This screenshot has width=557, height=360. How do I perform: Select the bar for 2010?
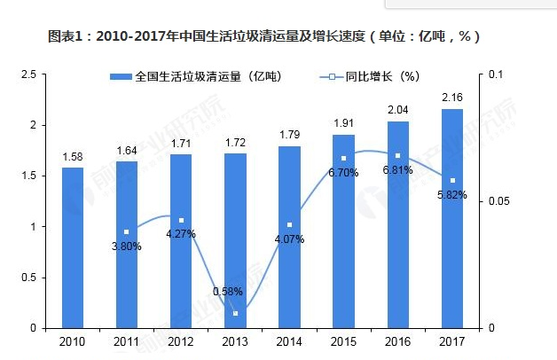[73, 247]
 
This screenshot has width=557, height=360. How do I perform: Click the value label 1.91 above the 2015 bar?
[343, 123]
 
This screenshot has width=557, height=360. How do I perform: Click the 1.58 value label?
[73, 156]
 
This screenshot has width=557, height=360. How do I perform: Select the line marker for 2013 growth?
[235, 313]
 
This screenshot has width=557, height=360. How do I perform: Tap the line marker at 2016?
[397, 155]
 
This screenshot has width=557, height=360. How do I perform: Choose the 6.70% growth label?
[343, 173]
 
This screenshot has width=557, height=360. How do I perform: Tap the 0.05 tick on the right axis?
[502, 201]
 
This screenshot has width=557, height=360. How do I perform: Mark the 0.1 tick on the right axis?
[498, 74]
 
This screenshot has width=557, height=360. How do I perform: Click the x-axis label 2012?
[181, 341]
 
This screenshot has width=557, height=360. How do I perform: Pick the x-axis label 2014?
[289, 341]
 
